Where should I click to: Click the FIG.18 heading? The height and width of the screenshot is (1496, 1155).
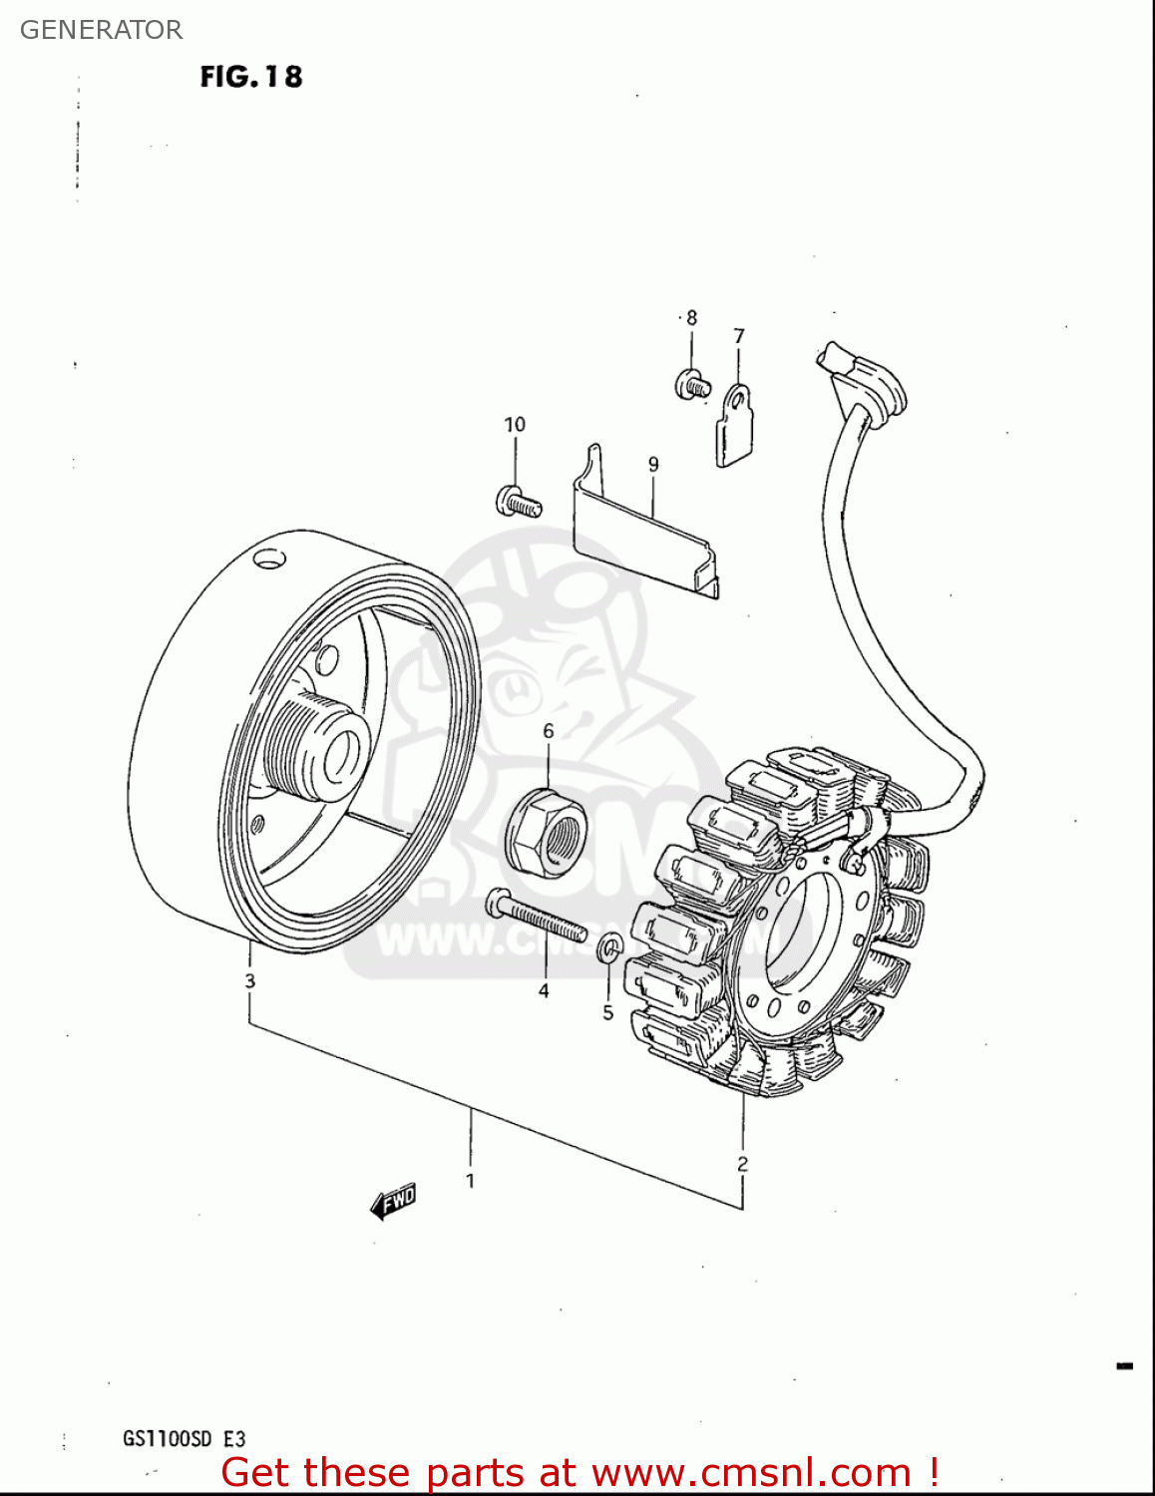[x=250, y=77]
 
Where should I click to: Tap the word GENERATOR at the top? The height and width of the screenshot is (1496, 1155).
[x=101, y=30]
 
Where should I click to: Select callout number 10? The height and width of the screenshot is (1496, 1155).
[x=514, y=425]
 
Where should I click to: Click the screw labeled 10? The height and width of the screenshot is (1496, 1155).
[x=518, y=502]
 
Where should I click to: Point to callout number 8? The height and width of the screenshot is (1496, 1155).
[x=691, y=318]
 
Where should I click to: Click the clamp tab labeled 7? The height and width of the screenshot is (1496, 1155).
[x=735, y=426]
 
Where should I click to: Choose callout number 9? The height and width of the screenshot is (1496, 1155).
[x=653, y=464]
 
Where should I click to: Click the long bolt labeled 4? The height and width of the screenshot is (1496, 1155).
[x=536, y=919]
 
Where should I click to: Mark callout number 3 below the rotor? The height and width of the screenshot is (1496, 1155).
[x=249, y=980]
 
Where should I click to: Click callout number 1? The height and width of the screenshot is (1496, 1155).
[x=470, y=1181]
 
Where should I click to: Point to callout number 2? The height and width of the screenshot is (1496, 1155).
[x=742, y=1164]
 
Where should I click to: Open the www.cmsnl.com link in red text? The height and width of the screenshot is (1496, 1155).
[x=751, y=1473]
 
